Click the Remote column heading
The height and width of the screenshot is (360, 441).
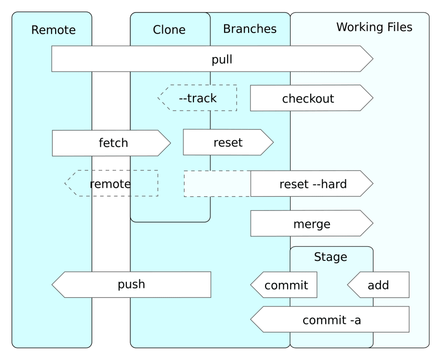(x=54, y=30)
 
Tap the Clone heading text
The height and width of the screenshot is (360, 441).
(x=169, y=30)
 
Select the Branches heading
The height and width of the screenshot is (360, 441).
(x=250, y=29)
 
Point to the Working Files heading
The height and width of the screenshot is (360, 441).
(x=374, y=27)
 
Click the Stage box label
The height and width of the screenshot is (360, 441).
(x=330, y=257)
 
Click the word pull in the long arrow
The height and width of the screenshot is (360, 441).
(x=222, y=60)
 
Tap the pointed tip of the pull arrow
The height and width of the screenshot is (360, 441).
(x=373, y=59)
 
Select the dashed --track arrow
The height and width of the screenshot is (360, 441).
(x=197, y=98)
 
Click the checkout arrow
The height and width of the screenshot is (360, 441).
(x=312, y=98)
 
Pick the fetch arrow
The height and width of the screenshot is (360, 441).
(x=111, y=143)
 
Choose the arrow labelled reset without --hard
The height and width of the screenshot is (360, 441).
(x=228, y=142)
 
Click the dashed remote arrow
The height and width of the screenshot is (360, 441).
(x=111, y=183)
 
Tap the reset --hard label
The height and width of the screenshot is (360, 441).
(x=313, y=184)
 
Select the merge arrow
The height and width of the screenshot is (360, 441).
(x=312, y=223)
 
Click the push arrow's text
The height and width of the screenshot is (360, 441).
(x=131, y=284)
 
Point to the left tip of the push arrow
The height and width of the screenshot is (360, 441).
(x=52, y=285)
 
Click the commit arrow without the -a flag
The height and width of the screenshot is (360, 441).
(x=284, y=285)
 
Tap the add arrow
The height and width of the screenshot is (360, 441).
(x=378, y=285)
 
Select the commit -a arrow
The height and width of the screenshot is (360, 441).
(x=330, y=319)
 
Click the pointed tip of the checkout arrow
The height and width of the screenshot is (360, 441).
(x=373, y=98)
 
